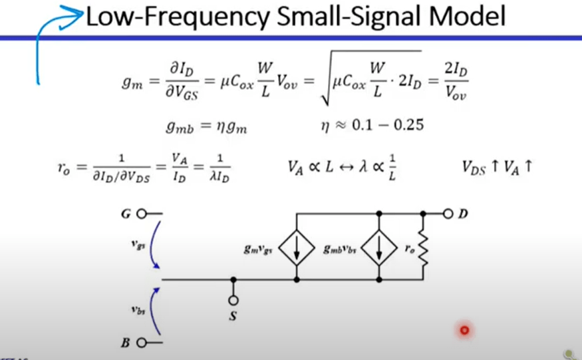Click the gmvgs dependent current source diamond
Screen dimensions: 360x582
[295, 247]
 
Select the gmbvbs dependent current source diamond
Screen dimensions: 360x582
[378, 247]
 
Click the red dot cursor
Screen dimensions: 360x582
[464, 330]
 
